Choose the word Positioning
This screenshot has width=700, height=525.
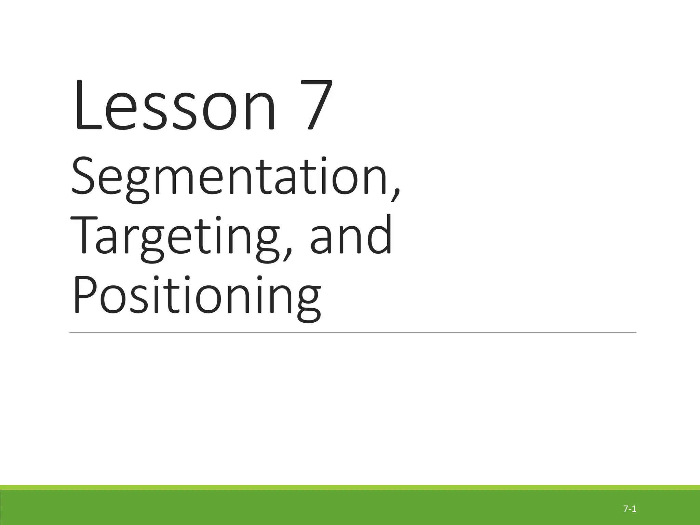[x=197, y=296]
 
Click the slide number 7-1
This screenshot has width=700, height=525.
[x=630, y=509]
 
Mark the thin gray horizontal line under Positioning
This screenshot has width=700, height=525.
[x=352, y=332]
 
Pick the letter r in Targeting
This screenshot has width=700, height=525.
[x=128, y=239]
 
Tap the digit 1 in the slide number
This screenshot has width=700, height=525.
[x=634, y=509]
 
